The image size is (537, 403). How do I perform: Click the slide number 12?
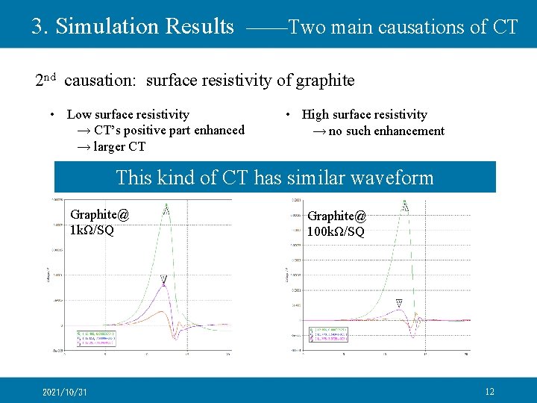pos(489,391)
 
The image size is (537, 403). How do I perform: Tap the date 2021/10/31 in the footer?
pos(65,392)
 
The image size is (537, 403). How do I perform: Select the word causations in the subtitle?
pos(422,28)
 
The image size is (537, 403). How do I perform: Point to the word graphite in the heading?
pos(325,80)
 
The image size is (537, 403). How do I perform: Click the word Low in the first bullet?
pos(78,114)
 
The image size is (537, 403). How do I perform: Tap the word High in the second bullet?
pos(315,114)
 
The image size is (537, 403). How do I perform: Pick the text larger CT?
pos(118,146)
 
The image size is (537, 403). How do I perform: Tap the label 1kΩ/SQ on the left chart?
pos(92,230)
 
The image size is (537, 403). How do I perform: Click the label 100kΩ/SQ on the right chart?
pos(336,231)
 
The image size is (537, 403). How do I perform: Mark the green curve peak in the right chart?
pos(405,206)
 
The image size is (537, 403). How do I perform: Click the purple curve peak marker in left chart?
pos(163,280)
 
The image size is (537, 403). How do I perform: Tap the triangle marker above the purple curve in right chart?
pos(399,302)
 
